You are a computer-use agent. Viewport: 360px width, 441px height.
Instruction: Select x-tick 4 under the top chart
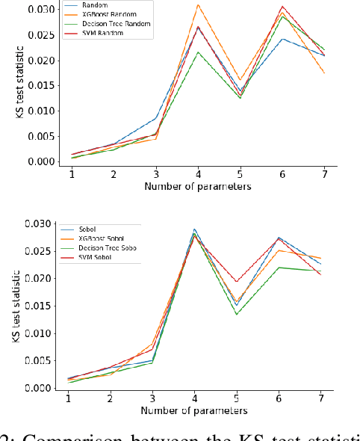click(x=198, y=173)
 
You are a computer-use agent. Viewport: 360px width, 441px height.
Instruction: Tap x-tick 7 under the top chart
click(x=323, y=173)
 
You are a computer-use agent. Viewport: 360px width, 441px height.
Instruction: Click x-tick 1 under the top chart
click(x=72, y=173)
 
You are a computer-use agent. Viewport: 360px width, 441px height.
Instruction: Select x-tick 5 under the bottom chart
click(x=237, y=398)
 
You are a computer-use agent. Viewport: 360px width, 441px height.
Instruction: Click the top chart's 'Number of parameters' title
click(x=197, y=185)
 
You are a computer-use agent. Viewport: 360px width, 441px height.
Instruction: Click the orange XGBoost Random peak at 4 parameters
click(x=198, y=5)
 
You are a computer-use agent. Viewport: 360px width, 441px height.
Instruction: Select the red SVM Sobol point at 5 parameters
click(x=237, y=282)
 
